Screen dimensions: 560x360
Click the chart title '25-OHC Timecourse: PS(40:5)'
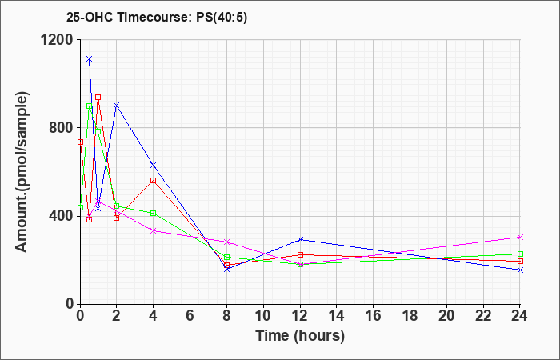[x=157, y=18]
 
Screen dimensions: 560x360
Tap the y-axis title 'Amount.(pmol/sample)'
[x=22, y=172]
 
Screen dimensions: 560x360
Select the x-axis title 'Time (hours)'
[x=300, y=336]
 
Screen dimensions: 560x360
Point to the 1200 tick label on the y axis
[x=58, y=40]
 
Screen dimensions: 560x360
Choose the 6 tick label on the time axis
[x=190, y=315]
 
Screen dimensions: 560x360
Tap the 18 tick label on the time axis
[x=410, y=315]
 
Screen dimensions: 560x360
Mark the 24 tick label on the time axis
[x=520, y=315]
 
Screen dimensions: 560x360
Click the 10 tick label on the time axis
[x=263, y=315]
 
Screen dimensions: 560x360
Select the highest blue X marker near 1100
[x=90, y=59]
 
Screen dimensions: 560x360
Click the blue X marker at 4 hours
[x=154, y=165]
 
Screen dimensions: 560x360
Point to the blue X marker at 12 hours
[x=300, y=239]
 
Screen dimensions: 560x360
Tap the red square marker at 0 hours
[x=80, y=142]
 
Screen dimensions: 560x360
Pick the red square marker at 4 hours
[x=154, y=181]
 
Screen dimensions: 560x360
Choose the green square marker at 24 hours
[x=520, y=254]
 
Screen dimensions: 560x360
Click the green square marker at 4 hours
[x=154, y=214]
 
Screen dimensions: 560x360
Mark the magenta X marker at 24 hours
[x=520, y=237]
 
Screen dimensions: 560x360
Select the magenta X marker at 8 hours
[x=226, y=242]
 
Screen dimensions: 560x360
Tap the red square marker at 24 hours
[x=520, y=261]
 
